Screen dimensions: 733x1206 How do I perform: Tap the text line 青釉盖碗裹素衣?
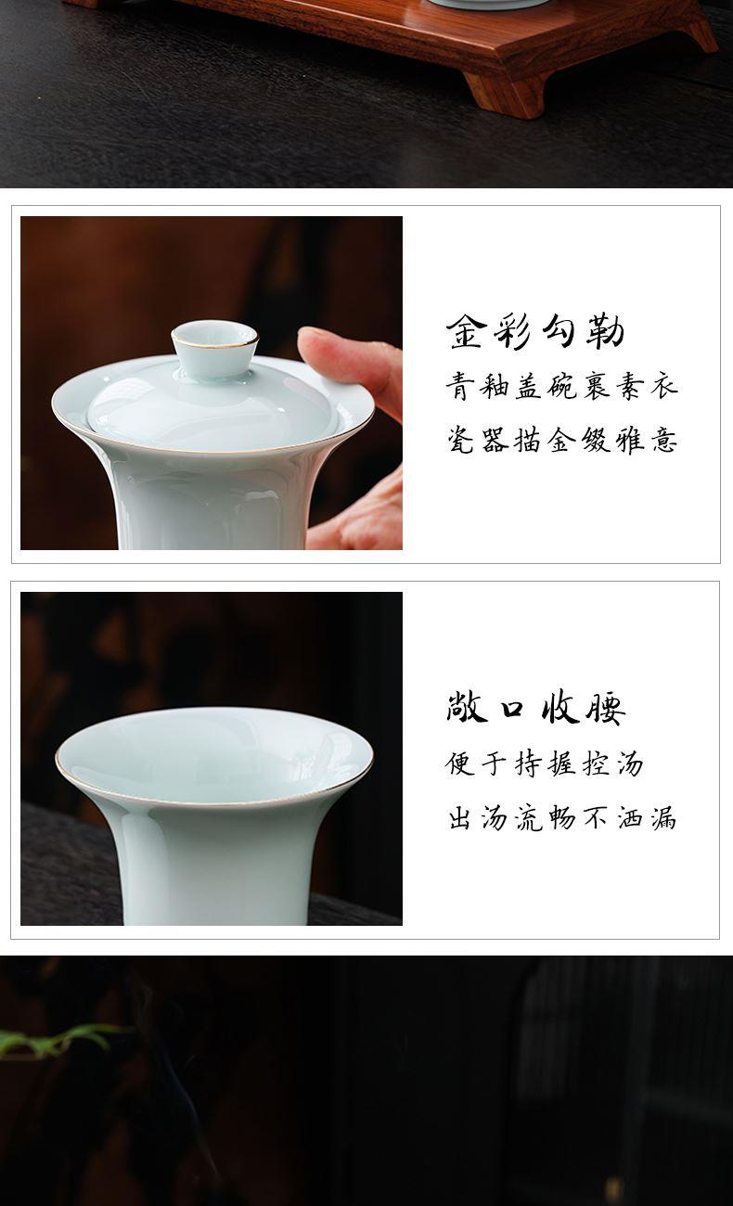pyautogui.click(x=561, y=386)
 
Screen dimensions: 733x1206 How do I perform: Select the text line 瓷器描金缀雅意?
pyautogui.click(x=561, y=440)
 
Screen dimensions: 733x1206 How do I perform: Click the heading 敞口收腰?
pyautogui.click(x=535, y=707)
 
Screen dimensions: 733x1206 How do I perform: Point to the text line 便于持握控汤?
pyautogui.click(x=544, y=763)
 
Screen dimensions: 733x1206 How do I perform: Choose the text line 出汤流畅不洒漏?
pyautogui.click(x=561, y=817)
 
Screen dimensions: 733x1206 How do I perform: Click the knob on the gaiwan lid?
pyautogui.click(x=214, y=348)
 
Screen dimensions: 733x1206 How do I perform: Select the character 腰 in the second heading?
pyautogui.click(x=606, y=708)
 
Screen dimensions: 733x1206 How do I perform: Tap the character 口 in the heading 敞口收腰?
pyautogui.click(x=511, y=708)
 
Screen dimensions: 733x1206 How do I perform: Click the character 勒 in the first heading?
pyautogui.click(x=606, y=331)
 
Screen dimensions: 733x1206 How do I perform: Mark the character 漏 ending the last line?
pyautogui.click(x=662, y=818)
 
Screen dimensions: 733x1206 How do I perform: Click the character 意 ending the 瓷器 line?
pyautogui.click(x=663, y=441)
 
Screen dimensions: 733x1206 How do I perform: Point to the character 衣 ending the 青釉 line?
pyautogui.click(x=663, y=387)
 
